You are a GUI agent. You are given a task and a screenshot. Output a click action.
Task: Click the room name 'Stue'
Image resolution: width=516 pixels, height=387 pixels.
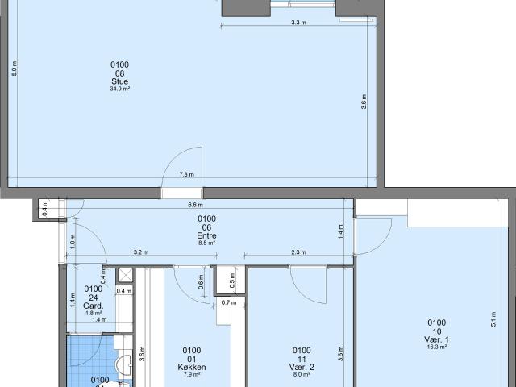(x=119, y=81)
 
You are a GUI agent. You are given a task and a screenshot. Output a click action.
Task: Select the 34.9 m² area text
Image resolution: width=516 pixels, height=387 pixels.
(x=119, y=89)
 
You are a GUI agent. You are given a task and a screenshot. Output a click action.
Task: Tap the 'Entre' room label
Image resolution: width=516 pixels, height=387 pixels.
(x=206, y=236)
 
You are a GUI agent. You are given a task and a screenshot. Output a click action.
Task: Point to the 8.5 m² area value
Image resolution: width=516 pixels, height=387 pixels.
(x=206, y=243)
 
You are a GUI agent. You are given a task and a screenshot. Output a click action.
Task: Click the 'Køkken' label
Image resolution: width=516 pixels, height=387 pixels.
(x=192, y=367)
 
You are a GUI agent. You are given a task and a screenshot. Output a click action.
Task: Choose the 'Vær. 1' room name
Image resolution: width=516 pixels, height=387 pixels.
(x=436, y=339)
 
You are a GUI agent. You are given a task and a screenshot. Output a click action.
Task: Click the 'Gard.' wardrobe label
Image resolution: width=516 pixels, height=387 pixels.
(x=94, y=306)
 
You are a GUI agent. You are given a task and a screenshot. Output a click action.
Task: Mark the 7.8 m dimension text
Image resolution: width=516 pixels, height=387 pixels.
(x=186, y=175)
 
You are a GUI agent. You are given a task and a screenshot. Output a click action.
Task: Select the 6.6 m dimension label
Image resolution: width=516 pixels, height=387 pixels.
(x=194, y=205)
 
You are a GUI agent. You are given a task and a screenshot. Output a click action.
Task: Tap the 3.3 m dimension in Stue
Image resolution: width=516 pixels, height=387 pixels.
(x=298, y=23)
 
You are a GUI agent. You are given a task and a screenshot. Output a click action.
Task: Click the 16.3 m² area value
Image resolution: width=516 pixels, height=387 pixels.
(x=436, y=347)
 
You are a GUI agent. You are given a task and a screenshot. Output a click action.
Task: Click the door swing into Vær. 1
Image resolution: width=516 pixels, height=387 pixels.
(x=373, y=234)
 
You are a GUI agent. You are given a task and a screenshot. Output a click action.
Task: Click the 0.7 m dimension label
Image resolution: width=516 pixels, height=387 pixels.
(x=227, y=303)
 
